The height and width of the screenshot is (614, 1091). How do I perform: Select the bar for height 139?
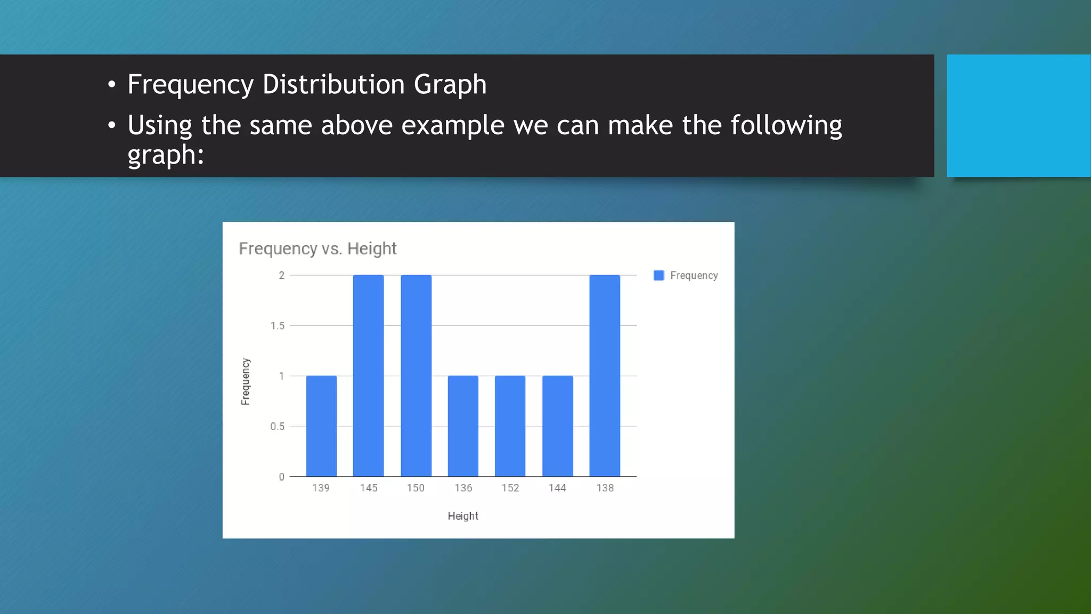(x=321, y=426)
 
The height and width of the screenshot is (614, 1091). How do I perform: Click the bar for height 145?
(x=368, y=376)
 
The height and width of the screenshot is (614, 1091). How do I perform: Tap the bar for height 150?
(x=416, y=376)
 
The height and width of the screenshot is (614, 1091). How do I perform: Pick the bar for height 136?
(x=463, y=426)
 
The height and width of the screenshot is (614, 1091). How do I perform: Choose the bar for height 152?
(x=510, y=426)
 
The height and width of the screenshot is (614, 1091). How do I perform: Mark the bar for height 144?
(x=557, y=426)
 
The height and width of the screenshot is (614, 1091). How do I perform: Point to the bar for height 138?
(x=605, y=376)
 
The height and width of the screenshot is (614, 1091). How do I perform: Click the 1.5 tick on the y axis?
(x=278, y=326)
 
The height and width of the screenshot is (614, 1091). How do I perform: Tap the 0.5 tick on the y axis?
(x=278, y=426)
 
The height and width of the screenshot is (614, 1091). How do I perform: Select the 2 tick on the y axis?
(x=282, y=276)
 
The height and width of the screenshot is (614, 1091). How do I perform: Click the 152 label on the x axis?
(x=510, y=488)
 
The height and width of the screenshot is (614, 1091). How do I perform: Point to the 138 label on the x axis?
(x=605, y=488)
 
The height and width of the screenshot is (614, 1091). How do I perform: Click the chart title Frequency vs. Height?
(x=317, y=249)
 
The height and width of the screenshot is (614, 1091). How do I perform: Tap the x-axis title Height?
(x=462, y=516)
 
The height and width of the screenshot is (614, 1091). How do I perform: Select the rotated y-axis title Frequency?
(x=246, y=381)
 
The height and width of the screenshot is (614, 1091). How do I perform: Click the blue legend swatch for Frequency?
(x=658, y=276)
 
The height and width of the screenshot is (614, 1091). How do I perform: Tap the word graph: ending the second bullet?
(x=166, y=155)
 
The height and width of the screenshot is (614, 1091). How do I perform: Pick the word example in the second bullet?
(x=452, y=126)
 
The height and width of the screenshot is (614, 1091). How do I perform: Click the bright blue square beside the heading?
(x=1018, y=116)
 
